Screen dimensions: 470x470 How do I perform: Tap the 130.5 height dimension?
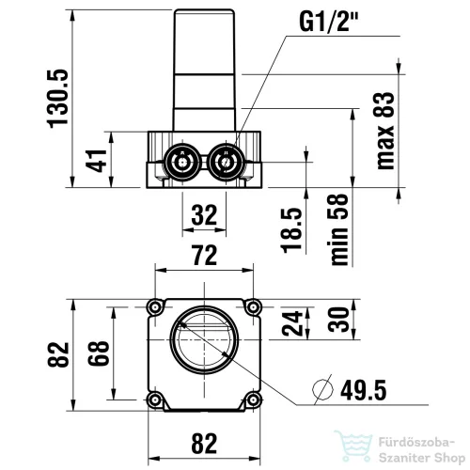(x=57, y=99)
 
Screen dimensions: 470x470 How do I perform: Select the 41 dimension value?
(x=97, y=161)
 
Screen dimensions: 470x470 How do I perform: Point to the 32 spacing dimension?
(x=204, y=215)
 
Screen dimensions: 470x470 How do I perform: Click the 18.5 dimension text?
(x=292, y=230)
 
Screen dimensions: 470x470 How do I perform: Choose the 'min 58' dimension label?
(x=338, y=229)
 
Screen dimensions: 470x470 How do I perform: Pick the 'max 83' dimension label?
(x=384, y=131)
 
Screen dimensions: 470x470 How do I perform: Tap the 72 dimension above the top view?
(x=205, y=255)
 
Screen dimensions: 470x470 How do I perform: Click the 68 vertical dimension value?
(x=99, y=353)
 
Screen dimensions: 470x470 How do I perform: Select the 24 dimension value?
(x=292, y=323)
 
